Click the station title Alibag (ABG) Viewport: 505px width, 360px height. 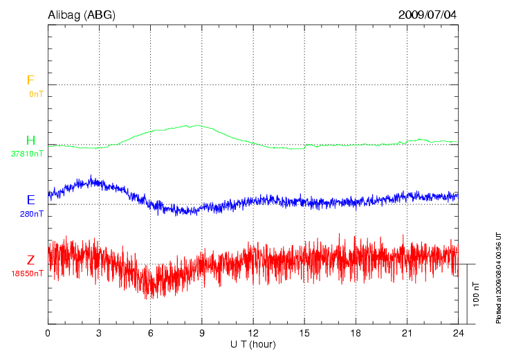(x=82, y=15)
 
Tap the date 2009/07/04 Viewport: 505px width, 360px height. (x=428, y=15)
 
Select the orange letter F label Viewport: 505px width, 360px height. (x=30, y=80)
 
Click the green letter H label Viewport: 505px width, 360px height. (x=30, y=141)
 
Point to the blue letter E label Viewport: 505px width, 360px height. (x=30, y=200)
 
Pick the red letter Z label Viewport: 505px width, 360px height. (x=30, y=260)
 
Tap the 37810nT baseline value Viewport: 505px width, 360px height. (x=28, y=154)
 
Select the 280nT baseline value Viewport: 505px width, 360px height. (x=31, y=214)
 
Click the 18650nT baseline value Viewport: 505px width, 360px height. (x=28, y=273)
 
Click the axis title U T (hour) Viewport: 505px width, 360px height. (x=253, y=344)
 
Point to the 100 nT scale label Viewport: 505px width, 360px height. (x=477, y=294)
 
